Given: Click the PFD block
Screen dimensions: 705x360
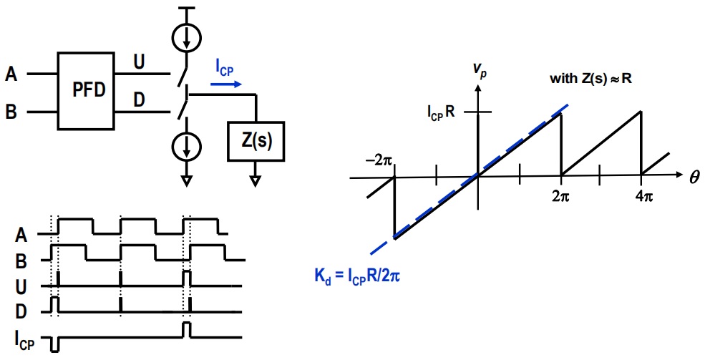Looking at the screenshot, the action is (86, 91).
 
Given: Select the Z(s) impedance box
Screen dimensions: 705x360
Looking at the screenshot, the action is (256, 141).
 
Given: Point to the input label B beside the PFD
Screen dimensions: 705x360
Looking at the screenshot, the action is (11, 112).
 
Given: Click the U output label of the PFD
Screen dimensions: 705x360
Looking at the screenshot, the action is (140, 62).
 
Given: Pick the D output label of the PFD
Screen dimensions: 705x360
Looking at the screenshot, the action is (140, 99).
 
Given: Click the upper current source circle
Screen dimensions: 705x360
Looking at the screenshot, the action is (187, 37).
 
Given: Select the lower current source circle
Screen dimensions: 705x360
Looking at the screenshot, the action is (187, 147).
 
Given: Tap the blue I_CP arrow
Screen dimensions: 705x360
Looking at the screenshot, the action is (226, 84).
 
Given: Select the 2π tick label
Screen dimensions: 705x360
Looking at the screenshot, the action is (560, 196).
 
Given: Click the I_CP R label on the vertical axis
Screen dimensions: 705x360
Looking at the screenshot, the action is (441, 112).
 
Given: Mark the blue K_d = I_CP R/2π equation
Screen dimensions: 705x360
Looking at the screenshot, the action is (357, 276).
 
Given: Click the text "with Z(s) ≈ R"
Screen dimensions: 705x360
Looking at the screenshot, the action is (591, 78).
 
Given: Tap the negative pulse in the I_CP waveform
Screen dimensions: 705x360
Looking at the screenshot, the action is (55, 344).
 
